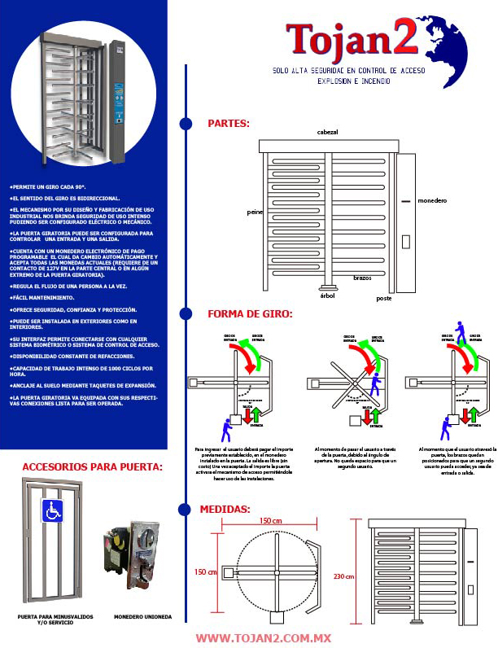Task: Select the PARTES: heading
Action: click(x=229, y=124)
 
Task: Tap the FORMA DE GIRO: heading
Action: click(x=250, y=313)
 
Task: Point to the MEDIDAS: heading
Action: click(x=225, y=509)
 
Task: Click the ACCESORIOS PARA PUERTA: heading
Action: click(x=92, y=466)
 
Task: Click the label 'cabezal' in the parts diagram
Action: click(x=329, y=132)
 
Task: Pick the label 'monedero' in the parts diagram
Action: click(x=432, y=200)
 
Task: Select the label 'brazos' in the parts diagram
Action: click(x=362, y=278)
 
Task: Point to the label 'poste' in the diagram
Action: click(x=383, y=298)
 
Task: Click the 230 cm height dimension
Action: click(x=345, y=576)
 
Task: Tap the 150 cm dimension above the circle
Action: click(x=271, y=520)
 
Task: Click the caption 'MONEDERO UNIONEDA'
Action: click(x=142, y=616)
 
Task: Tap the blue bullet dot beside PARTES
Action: click(x=186, y=124)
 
